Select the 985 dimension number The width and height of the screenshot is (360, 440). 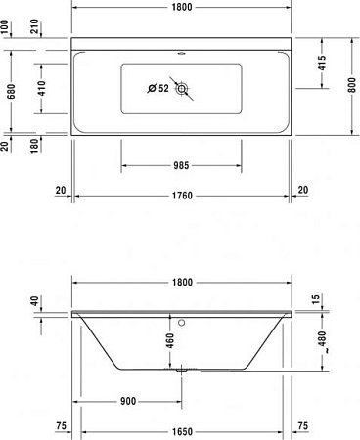[x=181, y=165]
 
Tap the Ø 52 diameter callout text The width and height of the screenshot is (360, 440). [x=157, y=89]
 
